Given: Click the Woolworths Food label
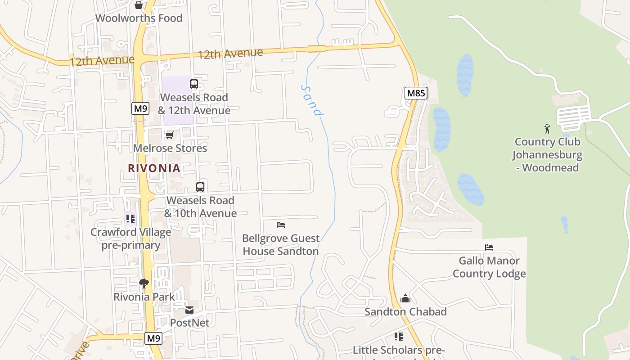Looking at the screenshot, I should [x=139, y=18].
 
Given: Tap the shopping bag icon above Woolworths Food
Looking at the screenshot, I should [x=139, y=5].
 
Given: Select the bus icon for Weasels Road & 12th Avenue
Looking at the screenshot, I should [x=194, y=84].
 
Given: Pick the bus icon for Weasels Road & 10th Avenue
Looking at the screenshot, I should [x=200, y=187].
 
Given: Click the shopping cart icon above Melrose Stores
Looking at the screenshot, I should [x=170, y=135].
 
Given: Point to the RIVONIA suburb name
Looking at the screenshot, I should [x=154, y=168].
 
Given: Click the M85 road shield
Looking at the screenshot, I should [x=415, y=93].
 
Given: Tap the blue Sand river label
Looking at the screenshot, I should [x=312, y=100].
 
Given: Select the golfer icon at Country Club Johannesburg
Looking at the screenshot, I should [x=547, y=129].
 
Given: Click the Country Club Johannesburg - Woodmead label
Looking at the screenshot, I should [x=547, y=155].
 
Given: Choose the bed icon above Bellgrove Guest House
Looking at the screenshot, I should [x=281, y=225].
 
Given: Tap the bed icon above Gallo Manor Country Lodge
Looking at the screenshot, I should [x=489, y=247].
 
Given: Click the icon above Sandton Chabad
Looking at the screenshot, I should [x=405, y=298].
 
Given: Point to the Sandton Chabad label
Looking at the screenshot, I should [x=405, y=312].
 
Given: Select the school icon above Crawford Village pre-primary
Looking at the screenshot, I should [x=130, y=219].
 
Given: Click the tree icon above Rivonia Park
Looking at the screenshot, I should [x=144, y=283].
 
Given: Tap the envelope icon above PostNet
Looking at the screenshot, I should [x=189, y=310].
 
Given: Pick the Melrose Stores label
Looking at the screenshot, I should [x=170, y=148].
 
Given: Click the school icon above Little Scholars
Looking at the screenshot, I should [x=398, y=337].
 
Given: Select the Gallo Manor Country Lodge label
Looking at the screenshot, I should [x=489, y=267].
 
